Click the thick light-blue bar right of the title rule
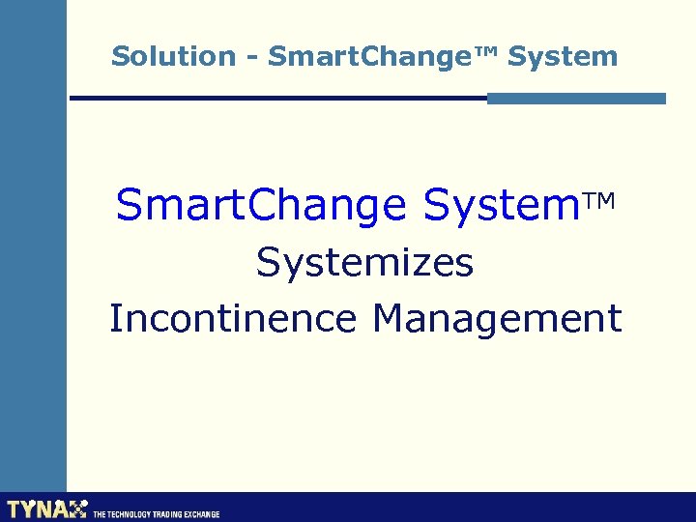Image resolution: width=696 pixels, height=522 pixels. point(576,98)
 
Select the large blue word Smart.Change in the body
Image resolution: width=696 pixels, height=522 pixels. point(261,205)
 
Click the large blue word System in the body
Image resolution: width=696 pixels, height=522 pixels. point(500,205)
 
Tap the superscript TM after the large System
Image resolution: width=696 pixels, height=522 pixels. point(599,200)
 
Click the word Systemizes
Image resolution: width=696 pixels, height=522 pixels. point(364,262)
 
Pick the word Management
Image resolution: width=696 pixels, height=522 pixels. point(497,318)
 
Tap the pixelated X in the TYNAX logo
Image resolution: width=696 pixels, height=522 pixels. point(77,508)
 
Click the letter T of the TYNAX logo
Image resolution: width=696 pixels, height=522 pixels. point(14,508)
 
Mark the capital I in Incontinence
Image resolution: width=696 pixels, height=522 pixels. point(115,318)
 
